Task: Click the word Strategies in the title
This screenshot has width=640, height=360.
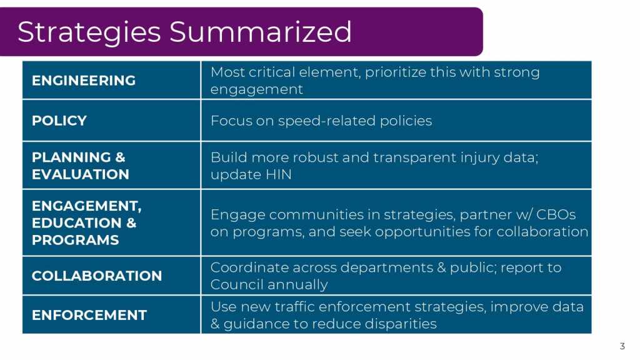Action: click(89, 32)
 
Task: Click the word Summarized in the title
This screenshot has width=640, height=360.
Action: click(261, 32)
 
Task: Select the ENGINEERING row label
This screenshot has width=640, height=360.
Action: click(84, 81)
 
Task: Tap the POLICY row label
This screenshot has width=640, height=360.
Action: click(59, 121)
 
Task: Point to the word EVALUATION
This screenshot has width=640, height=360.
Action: click(81, 174)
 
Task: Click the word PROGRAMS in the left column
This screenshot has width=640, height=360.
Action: click(76, 240)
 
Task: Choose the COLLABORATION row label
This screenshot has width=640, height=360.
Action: click(97, 276)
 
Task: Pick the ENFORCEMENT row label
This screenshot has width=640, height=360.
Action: click(89, 315)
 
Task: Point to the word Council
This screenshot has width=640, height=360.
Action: click(234, 284)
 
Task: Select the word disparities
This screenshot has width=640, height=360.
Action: click(401, 324)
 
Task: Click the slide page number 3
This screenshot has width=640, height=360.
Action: click(622, 346)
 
